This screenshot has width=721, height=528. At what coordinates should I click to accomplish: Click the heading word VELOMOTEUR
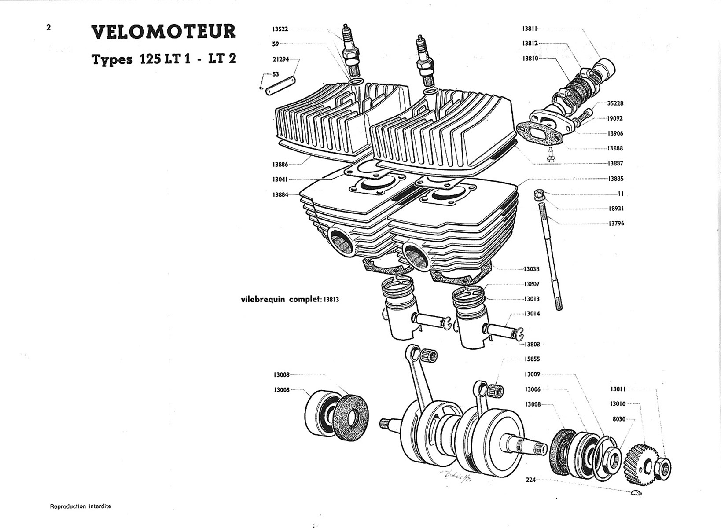coord(163,32)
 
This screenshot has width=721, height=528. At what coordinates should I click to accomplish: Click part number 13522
coord(280,29)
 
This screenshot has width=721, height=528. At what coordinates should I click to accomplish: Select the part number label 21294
coord(281,59)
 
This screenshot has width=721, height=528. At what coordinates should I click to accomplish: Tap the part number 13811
coord(530,29)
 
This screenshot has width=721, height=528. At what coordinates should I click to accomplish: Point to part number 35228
coord(615,103)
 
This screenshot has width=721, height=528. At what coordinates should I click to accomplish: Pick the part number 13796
coord(616,224)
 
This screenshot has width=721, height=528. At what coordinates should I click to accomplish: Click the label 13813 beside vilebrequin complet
coord(331,300)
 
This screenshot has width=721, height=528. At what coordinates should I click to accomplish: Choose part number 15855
coord(532,359)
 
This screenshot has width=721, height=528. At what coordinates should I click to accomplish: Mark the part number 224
coord(531,480)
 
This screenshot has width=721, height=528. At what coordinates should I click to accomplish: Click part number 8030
coord(619,419)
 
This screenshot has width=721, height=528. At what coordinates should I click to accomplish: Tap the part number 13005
coord(282,390)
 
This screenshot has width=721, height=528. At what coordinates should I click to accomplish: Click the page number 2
coord(48,27)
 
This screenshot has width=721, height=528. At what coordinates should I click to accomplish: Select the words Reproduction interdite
coord(81,506)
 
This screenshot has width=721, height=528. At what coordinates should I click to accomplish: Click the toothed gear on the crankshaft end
coord(638,464)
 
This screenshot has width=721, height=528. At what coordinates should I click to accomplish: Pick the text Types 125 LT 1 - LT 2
coord(163,59)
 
